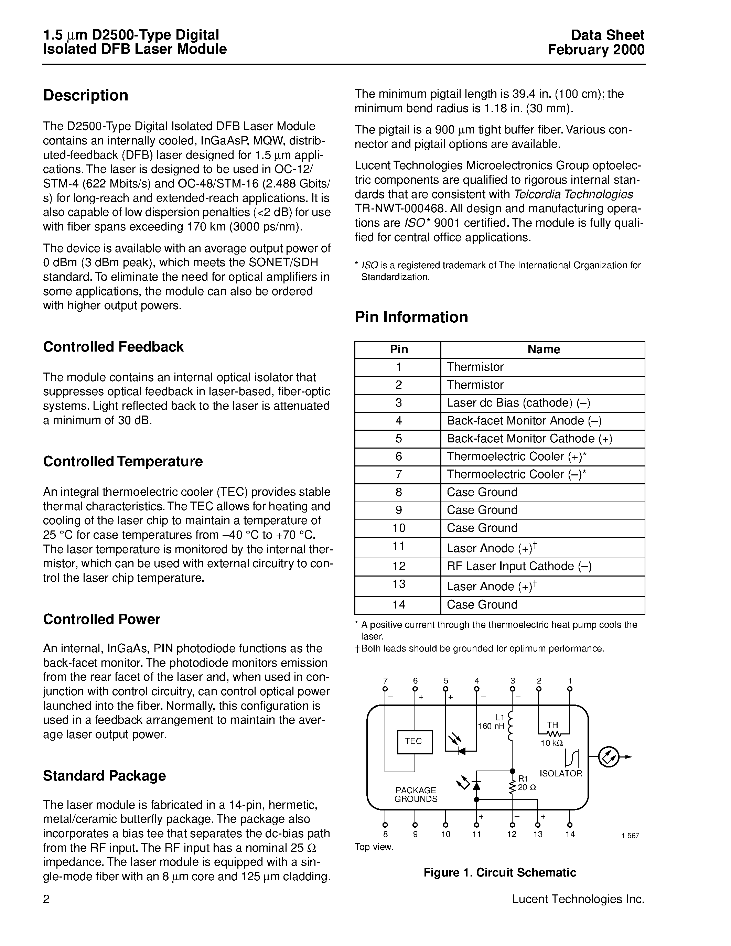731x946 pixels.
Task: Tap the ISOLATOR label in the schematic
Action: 560,774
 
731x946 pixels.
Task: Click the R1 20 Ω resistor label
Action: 527,783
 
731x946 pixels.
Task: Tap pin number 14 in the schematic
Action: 570,834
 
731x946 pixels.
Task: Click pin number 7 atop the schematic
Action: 385,681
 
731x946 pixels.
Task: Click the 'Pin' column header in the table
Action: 398,350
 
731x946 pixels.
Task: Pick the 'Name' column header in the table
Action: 544,350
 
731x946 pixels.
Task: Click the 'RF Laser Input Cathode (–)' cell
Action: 519,567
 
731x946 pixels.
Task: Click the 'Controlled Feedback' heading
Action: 113,347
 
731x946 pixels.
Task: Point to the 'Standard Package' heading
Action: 104,775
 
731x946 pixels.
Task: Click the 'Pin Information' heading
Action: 411,317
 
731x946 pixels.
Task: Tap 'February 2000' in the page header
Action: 596,50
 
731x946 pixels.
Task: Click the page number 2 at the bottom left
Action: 46,899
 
